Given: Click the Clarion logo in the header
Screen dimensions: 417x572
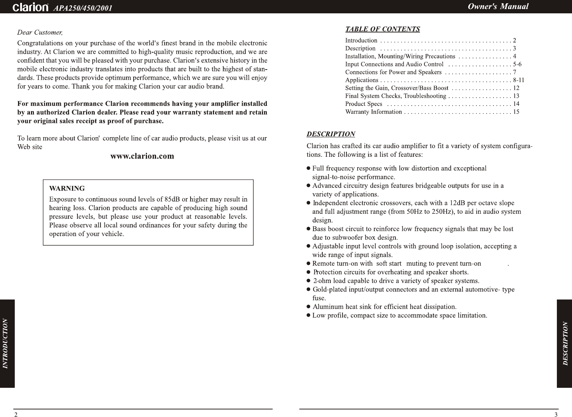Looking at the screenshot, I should click(31, 8).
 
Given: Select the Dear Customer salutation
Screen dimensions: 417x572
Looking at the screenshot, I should click(40, 33).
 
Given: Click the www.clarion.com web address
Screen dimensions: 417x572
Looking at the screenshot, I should click(142, 156).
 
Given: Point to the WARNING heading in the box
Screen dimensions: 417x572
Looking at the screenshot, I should click(67, 188).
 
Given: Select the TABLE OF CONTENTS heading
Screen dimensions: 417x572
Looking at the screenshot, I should click(383, 29).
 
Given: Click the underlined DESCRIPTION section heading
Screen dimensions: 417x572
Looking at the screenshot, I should click(331, 134).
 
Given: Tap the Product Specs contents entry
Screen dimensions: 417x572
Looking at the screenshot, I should click(364, 104).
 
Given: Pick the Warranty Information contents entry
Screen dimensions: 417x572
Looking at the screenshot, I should click(374, 112).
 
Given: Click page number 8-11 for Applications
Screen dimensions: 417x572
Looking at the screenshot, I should click(519, 80).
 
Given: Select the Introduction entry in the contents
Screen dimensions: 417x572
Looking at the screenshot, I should click(361, 40).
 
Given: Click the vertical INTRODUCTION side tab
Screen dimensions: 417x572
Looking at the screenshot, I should click(5, 343).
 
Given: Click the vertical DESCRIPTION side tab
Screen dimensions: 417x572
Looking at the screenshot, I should click(565, 343).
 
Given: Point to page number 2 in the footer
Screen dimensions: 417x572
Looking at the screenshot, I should click(15, 414).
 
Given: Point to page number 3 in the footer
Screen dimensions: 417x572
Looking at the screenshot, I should click(556, 414).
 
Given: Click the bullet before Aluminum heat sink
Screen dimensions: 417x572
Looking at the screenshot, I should click(308, 307).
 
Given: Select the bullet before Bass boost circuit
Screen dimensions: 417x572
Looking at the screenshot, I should click(308, 229).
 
